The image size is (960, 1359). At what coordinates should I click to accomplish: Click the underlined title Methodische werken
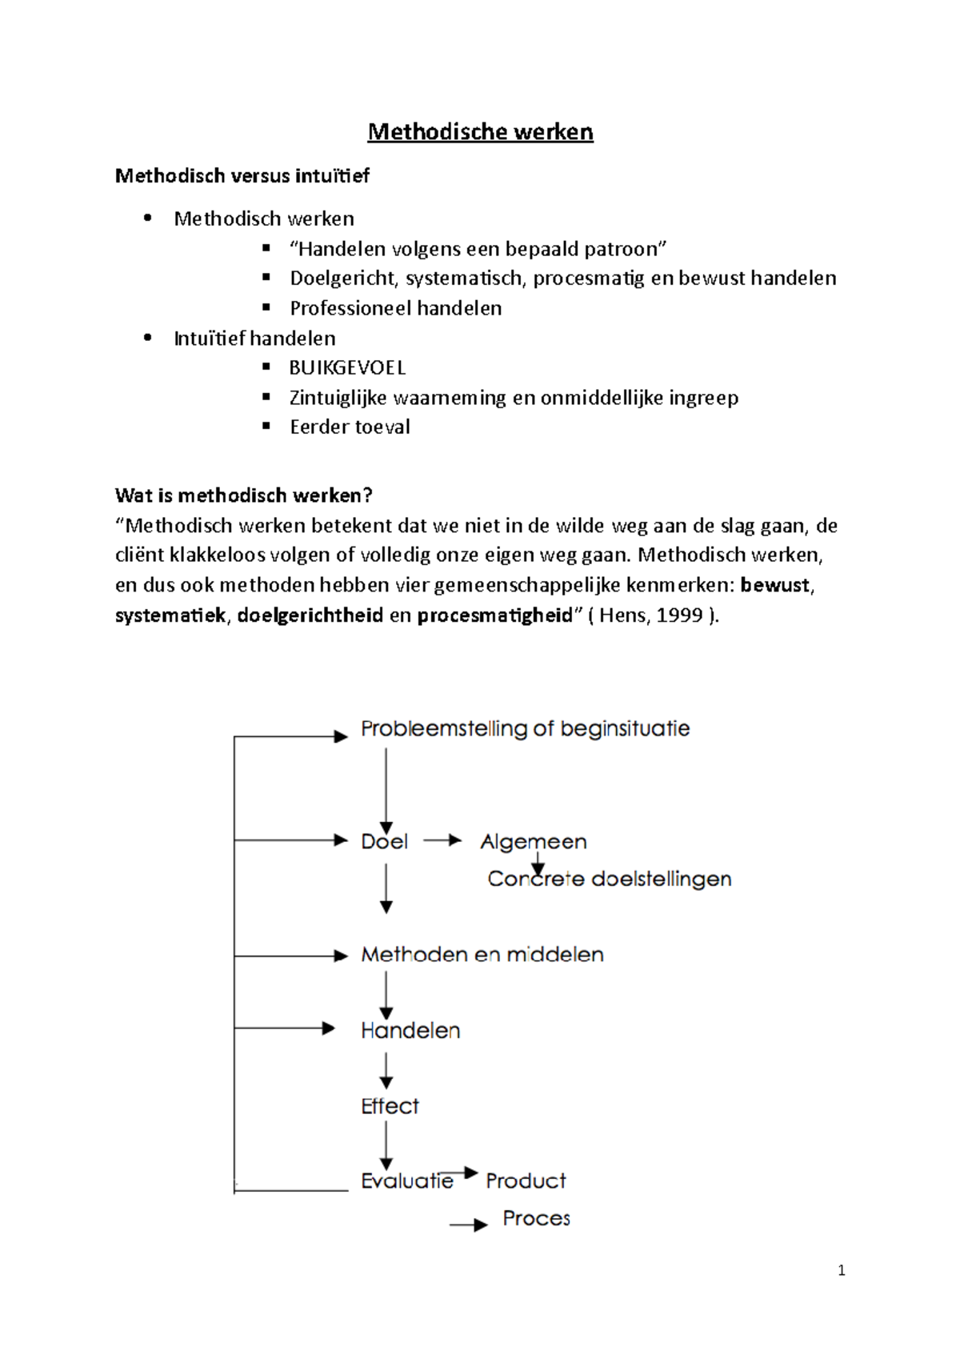coord(480,132)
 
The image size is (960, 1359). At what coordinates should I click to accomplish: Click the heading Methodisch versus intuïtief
coord(242,176)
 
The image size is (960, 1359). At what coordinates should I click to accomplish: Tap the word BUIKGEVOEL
coord(347,368)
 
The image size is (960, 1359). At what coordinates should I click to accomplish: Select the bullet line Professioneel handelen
coord(395,308)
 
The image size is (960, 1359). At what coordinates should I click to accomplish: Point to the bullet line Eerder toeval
coord(350,427)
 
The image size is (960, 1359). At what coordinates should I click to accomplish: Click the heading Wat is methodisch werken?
coord(243,495)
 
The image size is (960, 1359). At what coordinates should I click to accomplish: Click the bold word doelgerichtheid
coord(310,615)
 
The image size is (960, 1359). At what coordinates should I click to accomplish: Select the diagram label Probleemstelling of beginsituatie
coord(525,729)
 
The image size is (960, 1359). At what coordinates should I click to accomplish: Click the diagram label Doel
coord(384,842)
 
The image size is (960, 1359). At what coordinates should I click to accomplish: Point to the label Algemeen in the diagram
coord(533,842)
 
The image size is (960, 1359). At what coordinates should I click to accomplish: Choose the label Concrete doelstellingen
coord(609,879)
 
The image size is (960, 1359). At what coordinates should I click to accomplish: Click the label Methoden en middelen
coord(482,955)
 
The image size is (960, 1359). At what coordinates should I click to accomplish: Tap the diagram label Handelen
coord(410,1031)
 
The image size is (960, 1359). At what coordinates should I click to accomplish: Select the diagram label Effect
coord(390,1106)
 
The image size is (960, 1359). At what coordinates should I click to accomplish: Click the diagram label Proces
coord(536,1218)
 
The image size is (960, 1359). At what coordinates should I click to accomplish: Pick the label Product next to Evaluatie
coord(526,1181)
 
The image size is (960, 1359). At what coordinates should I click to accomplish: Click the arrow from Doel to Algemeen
coord(442,840)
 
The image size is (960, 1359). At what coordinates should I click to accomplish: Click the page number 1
coord(841,1271)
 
